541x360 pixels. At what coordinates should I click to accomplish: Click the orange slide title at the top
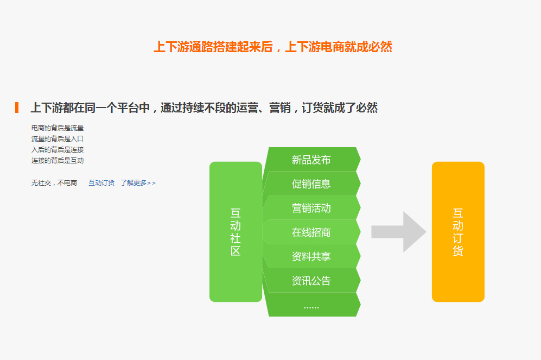click(272, 47)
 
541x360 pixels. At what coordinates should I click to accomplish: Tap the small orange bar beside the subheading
click(17, 108)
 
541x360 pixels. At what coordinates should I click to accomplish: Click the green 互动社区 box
click(236, 232)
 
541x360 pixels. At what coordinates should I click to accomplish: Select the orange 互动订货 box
click(458, 232)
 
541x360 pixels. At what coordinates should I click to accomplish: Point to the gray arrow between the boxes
click(399, 232)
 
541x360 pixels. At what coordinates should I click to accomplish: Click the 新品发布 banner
click(311, 160)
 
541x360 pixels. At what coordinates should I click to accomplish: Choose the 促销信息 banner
click(311, 184)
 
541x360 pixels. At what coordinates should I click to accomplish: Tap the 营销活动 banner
click(311, 208)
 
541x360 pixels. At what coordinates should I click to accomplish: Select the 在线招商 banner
click(311, 232)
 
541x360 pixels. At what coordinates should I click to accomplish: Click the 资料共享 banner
click(311, 256)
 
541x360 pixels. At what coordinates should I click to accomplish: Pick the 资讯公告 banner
click(311, 280)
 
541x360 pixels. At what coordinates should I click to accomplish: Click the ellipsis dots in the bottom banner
click(311, 307)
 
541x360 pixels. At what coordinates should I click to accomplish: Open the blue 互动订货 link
click(101, 182)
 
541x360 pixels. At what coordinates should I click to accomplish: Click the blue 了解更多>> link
click(138, 182)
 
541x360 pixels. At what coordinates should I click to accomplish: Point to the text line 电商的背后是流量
click(58, 128)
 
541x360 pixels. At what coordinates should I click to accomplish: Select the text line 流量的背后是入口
click(58, 139)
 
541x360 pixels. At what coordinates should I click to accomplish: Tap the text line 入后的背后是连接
click(58, 149)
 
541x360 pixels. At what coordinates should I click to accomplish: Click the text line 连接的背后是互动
click(58, 161)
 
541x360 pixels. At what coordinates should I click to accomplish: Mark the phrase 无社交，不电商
click(54, 182)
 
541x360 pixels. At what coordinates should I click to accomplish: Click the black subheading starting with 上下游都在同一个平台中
click(204, 108)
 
